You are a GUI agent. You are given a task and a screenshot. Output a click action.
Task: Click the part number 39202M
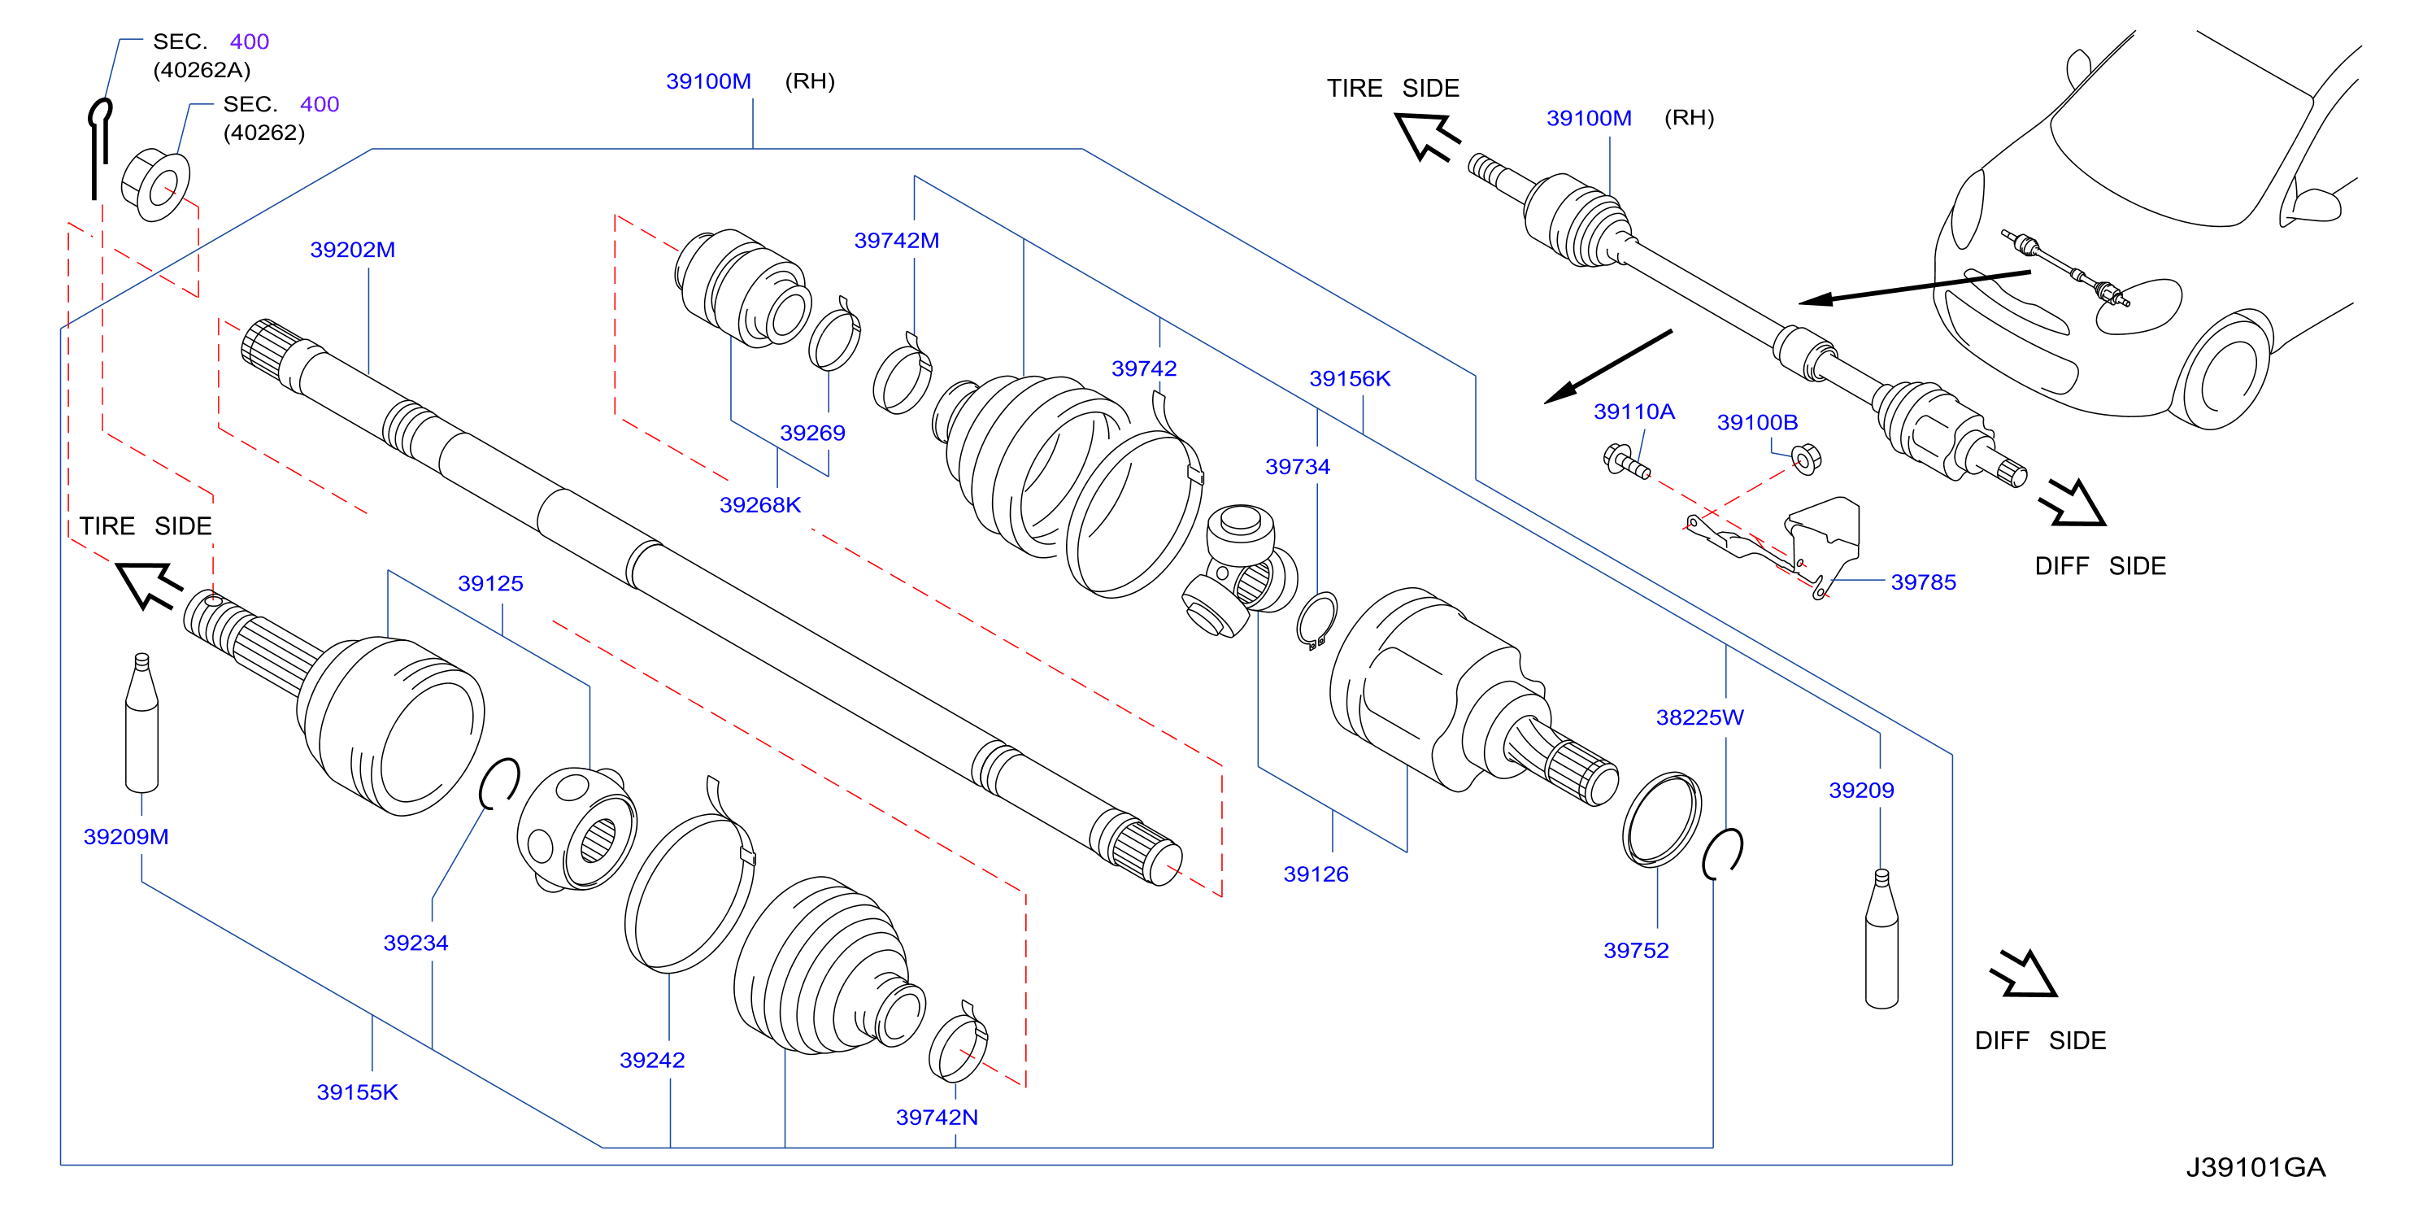click(352, 250)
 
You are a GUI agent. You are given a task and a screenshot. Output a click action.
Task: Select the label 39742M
click(896, 240)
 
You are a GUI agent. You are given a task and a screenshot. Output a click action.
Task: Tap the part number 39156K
click(1350, 378)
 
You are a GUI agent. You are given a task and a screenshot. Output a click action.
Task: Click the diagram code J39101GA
click(2255, 1167)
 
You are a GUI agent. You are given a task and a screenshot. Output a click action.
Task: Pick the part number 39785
click(1924, 582)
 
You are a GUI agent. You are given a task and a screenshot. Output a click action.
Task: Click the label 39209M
click(126, 836)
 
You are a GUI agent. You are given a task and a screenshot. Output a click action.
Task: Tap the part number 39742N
click(937, 1117)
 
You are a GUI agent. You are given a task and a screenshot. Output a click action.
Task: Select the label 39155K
click(358, 1092)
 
